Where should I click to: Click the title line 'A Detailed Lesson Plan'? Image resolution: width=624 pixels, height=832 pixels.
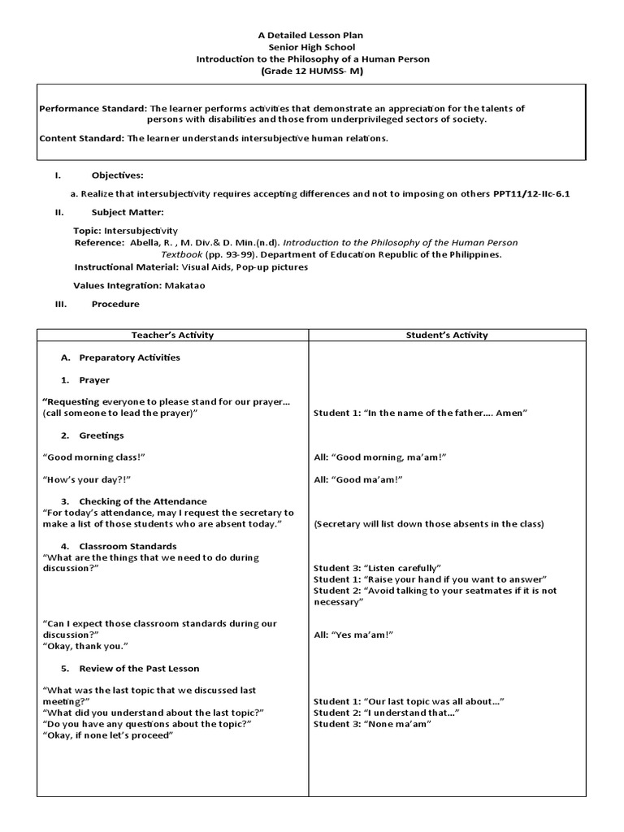[311, 35]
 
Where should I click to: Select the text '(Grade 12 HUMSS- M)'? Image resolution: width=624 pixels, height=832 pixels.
[311, 71]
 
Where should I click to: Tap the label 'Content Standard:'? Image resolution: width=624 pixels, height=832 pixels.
[81, 138]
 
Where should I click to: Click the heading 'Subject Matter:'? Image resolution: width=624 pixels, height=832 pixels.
[128, 212]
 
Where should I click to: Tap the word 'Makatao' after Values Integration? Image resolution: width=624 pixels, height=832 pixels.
[188, 285]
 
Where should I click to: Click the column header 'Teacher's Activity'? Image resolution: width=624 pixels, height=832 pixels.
[173, 335]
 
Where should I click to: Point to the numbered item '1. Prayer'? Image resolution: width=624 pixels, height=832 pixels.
[85, 380]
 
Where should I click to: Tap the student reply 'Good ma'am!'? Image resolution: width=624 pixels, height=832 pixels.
[358, 479]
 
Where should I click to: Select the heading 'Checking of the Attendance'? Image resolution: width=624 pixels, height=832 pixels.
[142, 501]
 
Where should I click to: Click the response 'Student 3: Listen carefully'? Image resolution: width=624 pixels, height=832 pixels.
[377, 567]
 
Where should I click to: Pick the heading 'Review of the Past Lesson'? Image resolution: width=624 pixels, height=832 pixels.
[138, 669]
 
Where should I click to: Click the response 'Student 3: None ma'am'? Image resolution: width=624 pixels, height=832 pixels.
[372, 724]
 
